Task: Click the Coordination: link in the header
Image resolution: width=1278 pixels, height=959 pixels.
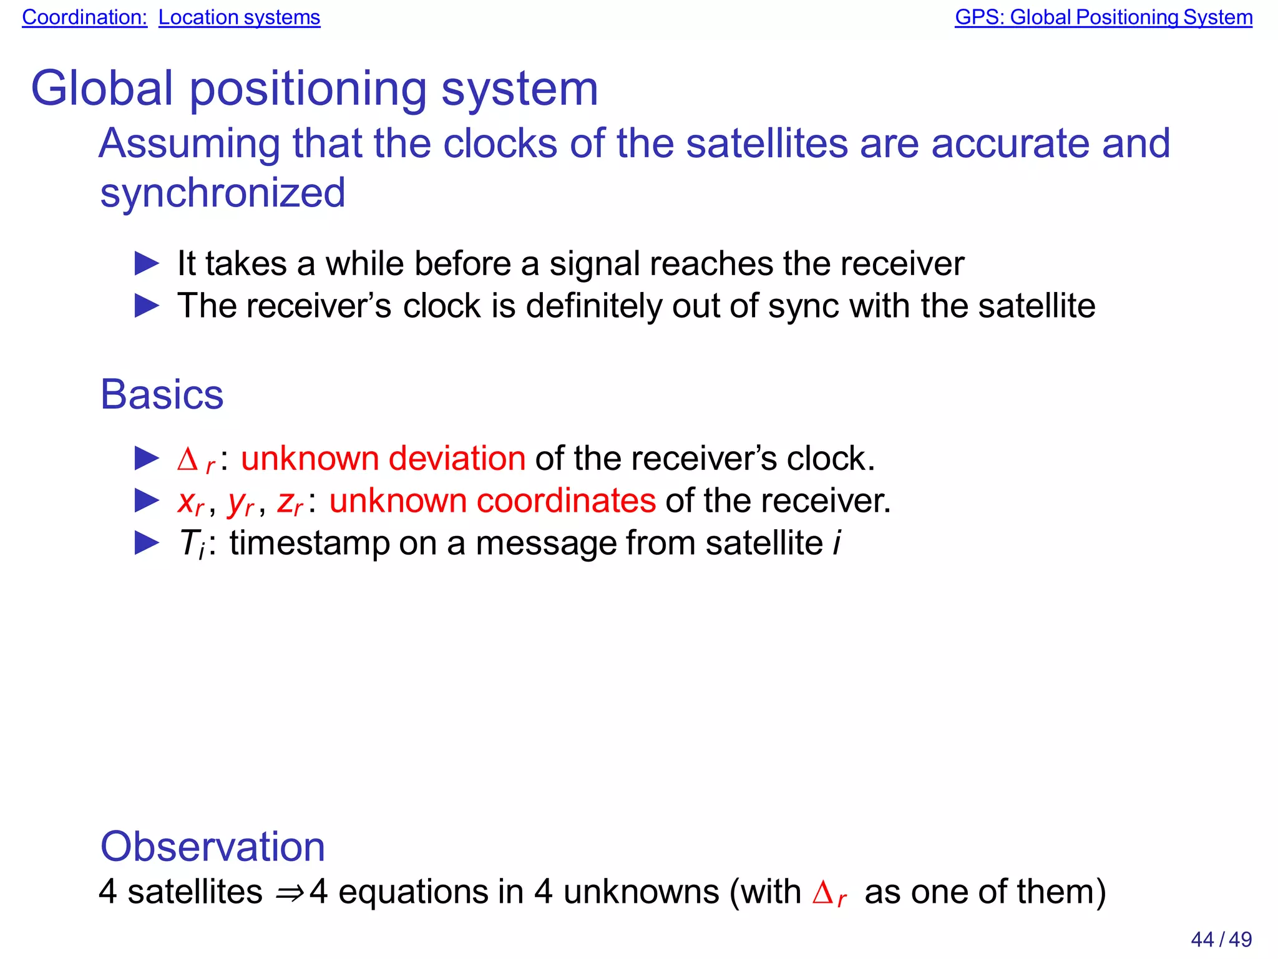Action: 84,17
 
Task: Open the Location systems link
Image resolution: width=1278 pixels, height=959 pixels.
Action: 239,17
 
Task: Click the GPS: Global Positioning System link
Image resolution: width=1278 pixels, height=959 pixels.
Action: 1103,17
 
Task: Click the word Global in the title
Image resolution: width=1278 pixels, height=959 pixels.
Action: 102,89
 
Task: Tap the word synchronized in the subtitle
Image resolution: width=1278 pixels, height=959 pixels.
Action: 222,193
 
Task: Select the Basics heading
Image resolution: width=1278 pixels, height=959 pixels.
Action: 162,395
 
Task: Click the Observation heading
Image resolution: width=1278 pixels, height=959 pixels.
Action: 212,847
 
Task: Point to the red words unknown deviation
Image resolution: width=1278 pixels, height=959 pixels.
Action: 383,459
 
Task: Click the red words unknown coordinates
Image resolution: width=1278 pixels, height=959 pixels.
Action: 492,501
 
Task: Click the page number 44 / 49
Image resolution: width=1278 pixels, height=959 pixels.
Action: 1221,939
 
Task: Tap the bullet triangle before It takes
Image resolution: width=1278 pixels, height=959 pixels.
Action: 147,264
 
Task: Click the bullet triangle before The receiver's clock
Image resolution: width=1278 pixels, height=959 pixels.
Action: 147,306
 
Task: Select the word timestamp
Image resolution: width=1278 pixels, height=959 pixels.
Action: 309,543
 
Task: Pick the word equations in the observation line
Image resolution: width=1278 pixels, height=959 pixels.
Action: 412,892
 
